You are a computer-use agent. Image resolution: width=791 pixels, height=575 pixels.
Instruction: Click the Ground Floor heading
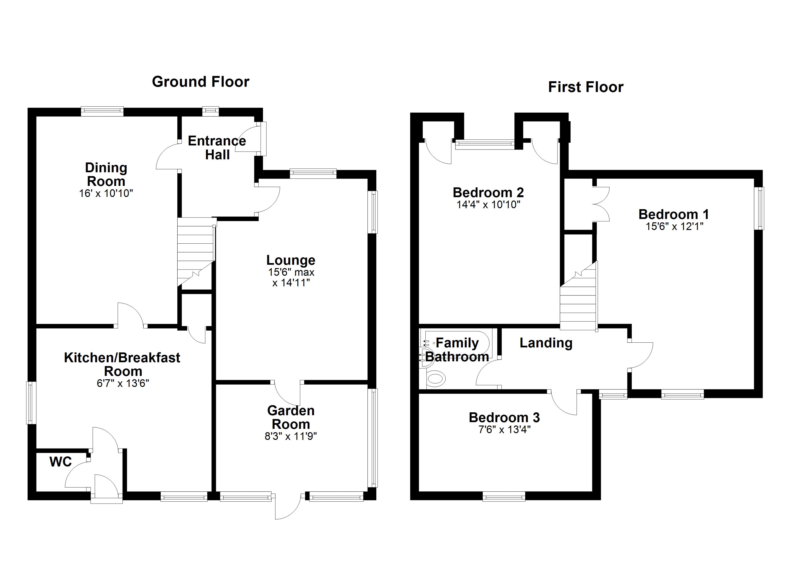point(201,82)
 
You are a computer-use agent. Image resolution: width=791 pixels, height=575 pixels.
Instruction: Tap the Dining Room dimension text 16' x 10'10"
point(106,193)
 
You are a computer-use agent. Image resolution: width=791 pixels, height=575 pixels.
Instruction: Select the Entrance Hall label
point(217,148)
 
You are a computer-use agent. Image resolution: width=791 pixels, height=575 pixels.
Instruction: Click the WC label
point(61,462)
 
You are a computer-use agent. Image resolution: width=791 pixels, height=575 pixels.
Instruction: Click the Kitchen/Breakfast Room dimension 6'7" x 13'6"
point(123,384)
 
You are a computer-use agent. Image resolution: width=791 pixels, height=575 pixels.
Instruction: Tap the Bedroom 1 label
point(674,214)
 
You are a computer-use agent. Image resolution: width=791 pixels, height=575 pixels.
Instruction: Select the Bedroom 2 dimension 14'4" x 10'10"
point(488,205)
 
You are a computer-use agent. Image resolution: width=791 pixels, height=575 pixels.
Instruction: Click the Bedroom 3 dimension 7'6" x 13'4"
point(504,430)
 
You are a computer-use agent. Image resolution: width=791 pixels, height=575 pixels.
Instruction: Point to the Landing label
point(546,343)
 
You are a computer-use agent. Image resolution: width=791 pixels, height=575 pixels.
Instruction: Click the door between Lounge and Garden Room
point(287,392)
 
